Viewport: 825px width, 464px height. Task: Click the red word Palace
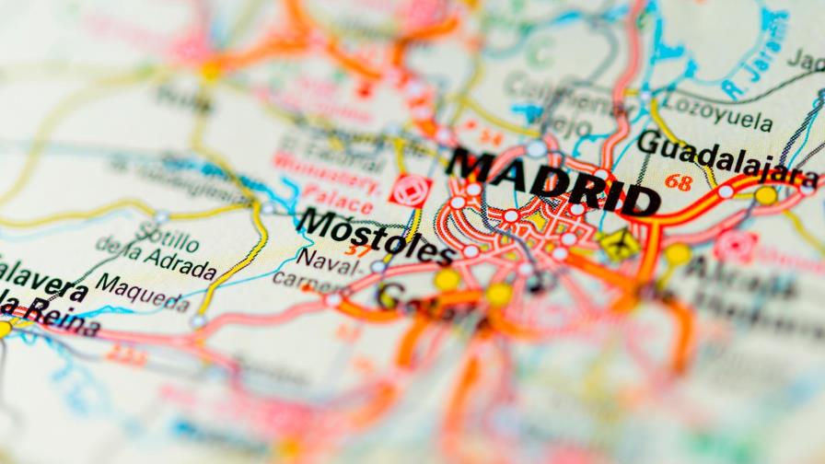click(340, 195)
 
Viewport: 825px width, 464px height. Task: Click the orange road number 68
click(679, 182)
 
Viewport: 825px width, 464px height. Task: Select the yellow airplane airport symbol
click(618, 244)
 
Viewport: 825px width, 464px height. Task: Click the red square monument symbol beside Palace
click(410, 190)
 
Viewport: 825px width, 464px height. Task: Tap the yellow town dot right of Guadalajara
click(765, 195)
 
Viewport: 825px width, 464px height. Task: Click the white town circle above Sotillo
click(162, 217)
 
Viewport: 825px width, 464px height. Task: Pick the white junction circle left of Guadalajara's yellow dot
click(726, 191)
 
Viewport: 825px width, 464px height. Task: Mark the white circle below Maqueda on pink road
click(198, 321)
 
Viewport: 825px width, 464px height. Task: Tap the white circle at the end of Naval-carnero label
click(378, 267)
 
